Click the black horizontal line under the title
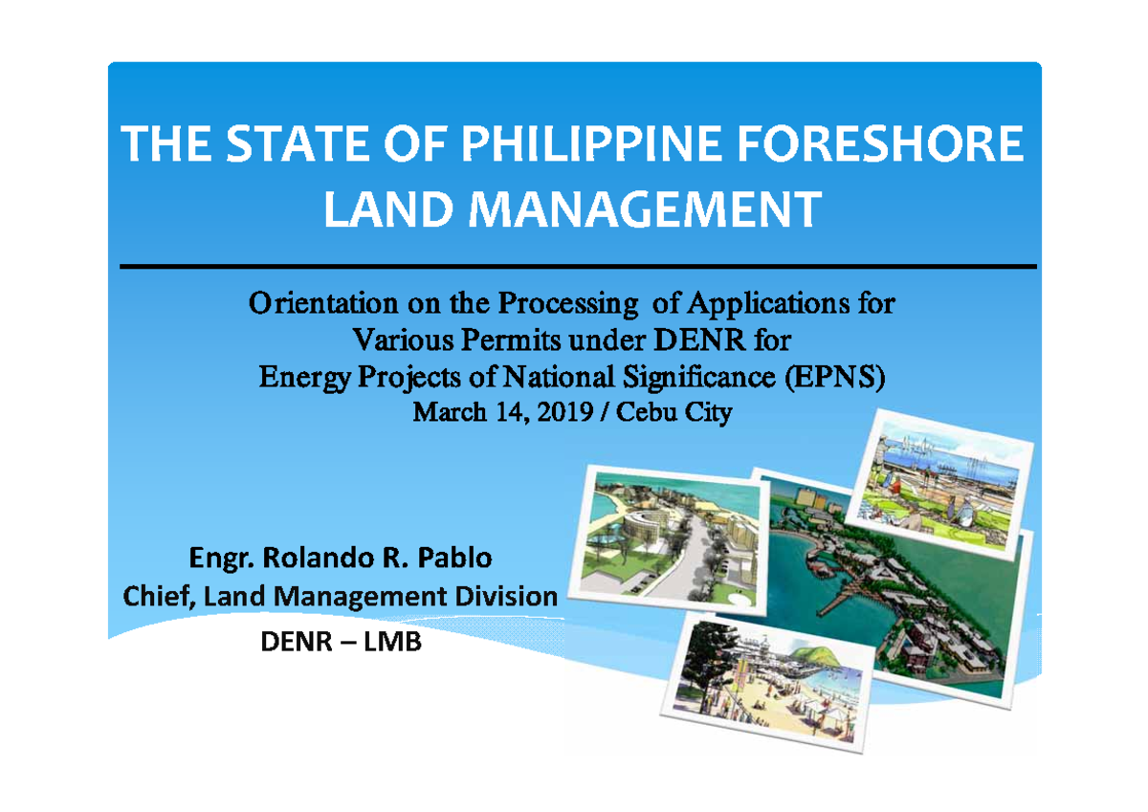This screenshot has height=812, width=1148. coord(574,266)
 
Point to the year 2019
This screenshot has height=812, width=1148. coord(545,413)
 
